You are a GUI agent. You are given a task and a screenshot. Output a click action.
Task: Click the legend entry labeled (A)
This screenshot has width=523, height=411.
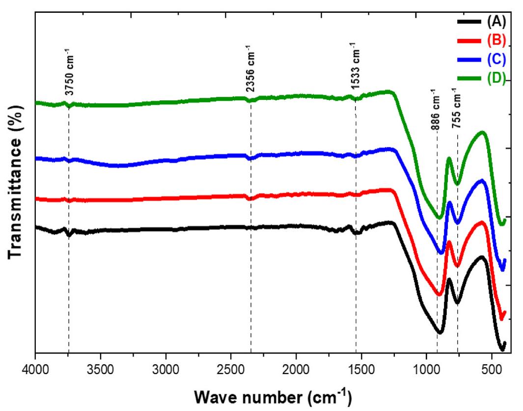(x=496, y=22)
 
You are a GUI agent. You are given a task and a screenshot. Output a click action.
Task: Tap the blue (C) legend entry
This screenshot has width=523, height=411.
(x=496, y=59)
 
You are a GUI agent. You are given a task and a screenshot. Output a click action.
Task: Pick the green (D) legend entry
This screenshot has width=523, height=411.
(x=496, y=79)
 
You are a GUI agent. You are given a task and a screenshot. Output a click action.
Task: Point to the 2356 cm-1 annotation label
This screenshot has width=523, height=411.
(x=250, y=69)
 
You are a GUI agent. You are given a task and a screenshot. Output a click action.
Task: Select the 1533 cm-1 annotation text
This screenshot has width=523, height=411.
(x=355, y=69)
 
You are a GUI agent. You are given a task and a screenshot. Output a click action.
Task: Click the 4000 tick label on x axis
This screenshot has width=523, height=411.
(x=35, y=367)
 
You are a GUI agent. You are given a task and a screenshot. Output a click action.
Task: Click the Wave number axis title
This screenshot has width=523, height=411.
(x=273, y=395)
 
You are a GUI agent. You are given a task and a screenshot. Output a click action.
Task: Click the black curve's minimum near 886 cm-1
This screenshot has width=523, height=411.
(x=440, y=332)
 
